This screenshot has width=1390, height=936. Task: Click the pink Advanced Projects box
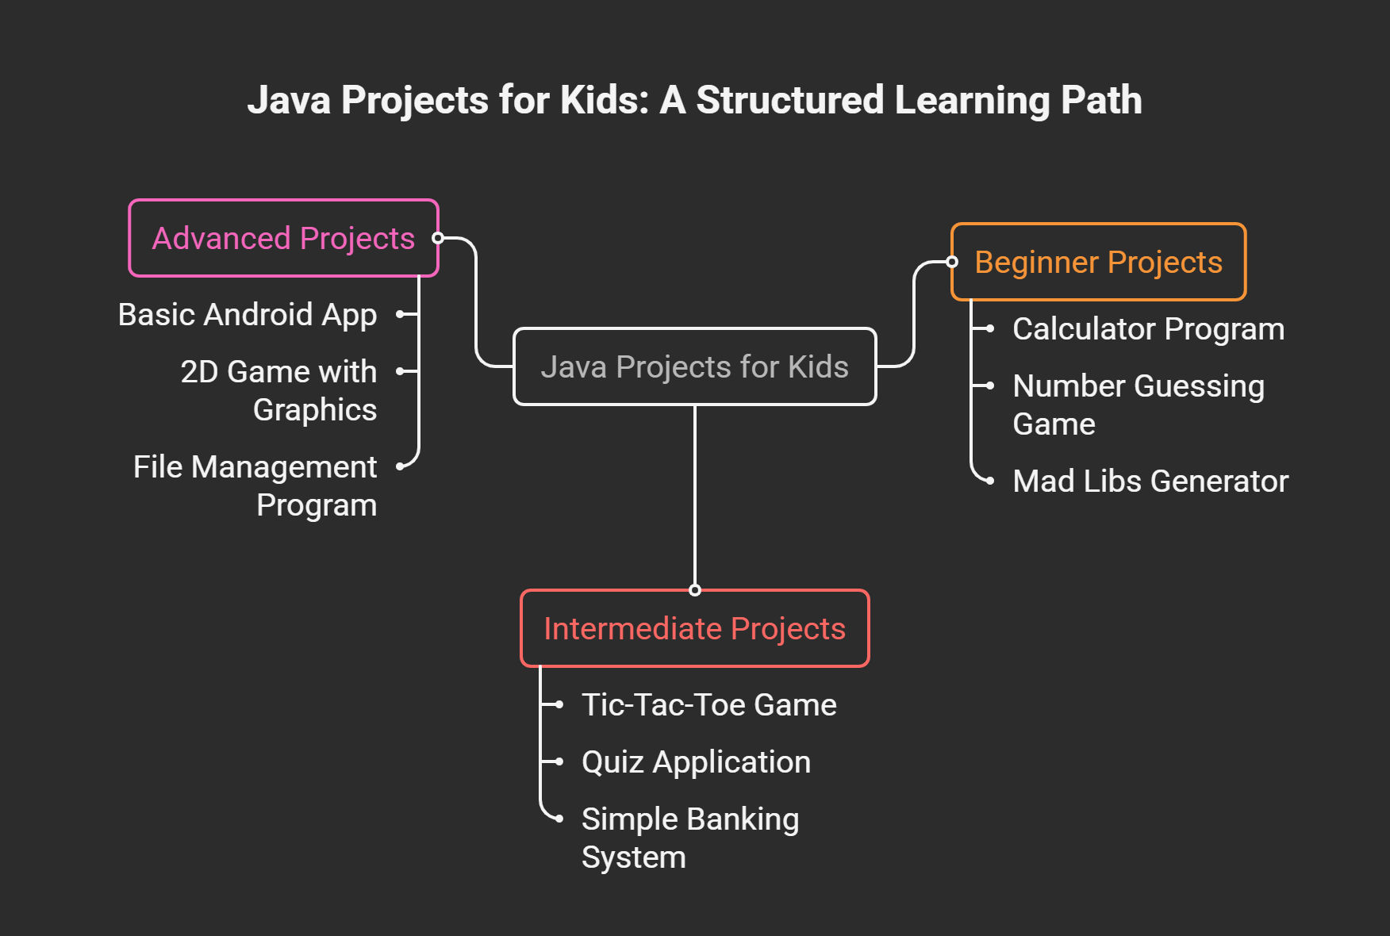[x=283, y=238]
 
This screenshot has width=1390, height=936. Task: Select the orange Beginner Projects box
[x=1098, y=263]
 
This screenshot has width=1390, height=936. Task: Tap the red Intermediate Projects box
[x=694, y=628]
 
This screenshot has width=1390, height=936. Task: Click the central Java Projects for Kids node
[x=694, y=366]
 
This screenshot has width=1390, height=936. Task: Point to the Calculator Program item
[x=1148, y=329]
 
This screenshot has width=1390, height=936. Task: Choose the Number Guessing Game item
[x=1138, y=405]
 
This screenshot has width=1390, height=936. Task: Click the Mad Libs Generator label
[x=1150, y=481]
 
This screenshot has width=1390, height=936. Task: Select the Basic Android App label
[x=247, y=315]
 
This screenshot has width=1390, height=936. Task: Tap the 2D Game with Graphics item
[x=278, y=390]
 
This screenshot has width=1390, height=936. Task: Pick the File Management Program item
[x=255, y=485]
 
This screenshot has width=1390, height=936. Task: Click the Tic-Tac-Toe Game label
[x=708, y=705]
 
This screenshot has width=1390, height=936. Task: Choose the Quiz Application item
[x=696, y=762]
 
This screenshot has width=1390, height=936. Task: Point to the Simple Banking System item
[x=689, y=838]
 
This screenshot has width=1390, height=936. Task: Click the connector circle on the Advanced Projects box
[x=438, y=238]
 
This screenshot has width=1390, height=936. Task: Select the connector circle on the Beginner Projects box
[x=952, y=263]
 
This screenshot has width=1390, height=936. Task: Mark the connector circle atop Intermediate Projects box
[x=695, y=590]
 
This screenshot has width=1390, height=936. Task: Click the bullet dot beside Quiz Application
[x=559, y=761]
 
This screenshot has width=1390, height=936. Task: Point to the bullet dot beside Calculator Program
[x=990, y=328]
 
